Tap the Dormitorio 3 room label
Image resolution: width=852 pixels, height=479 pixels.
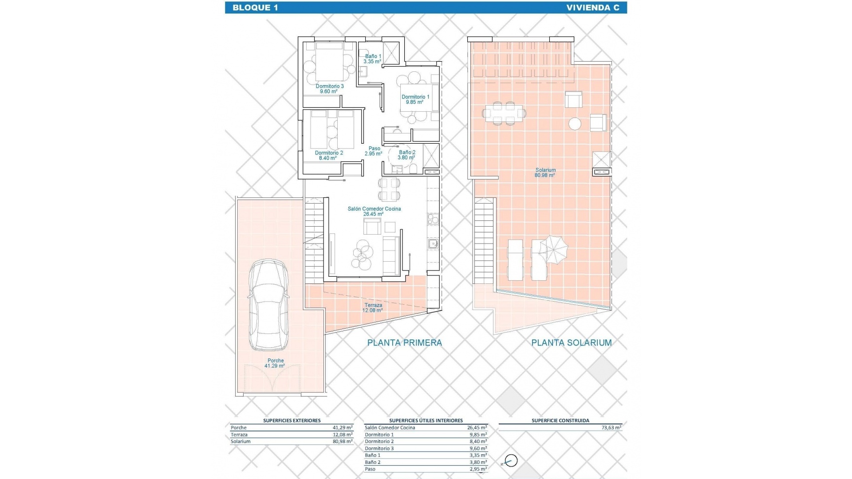[x=329, y=89]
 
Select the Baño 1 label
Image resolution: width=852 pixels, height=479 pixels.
[x=373, y=59]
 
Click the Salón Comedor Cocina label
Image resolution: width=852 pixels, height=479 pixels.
[x=374, y=211]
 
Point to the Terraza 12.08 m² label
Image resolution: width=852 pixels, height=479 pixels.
[x=373, y=308]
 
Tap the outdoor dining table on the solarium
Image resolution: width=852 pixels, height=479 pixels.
[x=504, y=114]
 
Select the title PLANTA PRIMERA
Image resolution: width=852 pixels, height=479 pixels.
[x=404, y=342]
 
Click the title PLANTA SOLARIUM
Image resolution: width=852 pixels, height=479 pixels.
[x=572, y=342]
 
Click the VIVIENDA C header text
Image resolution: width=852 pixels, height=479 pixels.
[x=592, y=8]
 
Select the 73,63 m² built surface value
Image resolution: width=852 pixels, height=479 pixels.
[x=611, y=428]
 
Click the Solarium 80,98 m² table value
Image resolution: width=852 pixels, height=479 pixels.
[x=343, y=442]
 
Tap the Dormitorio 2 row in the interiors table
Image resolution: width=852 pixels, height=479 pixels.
[x=379, y=442]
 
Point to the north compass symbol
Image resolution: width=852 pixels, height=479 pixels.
[x=511, y=461]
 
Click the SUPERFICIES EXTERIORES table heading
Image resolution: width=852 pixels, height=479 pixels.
[x=292, y=420]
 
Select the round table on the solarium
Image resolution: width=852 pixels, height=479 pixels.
[x=575, y=123]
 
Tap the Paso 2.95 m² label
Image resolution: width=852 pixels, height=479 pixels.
[x=374, y=151]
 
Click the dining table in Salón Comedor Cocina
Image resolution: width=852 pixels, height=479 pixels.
[x=389, y=189]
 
